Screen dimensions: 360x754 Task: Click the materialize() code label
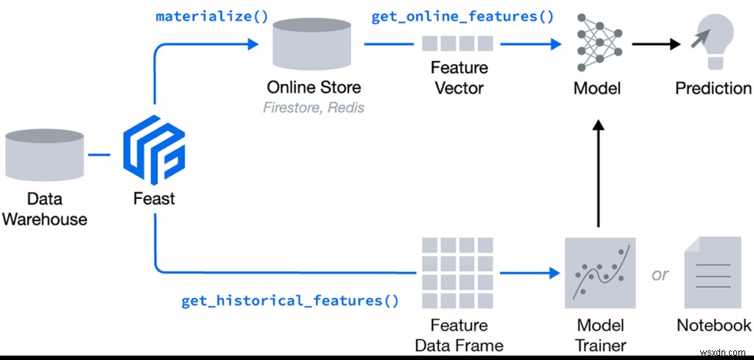tap(212, 16)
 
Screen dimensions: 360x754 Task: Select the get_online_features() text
tap(462, 16)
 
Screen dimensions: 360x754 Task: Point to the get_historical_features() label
tap(290, 300)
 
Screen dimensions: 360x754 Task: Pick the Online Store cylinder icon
tap(314, 44)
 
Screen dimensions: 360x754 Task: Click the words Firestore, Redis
tap(314, 107)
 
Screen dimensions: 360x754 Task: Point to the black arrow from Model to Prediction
tap(655, 43)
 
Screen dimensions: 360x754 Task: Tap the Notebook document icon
tap(713, 274)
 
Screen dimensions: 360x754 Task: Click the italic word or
tap(660, 274)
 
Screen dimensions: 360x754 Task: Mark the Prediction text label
tap(714, 88)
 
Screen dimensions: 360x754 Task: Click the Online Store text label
tap(314, 88)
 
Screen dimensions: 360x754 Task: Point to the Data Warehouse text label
tap(45, 209)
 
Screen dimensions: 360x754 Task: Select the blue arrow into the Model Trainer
tap(527, 272)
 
